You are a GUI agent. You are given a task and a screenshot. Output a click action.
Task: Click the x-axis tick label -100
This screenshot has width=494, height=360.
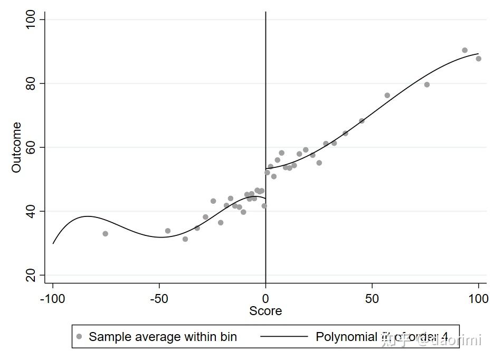coord(52,299)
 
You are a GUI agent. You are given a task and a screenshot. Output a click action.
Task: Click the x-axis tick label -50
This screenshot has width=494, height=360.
coord(159,299)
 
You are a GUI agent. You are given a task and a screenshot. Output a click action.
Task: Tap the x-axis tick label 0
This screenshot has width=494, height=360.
coord(265,299)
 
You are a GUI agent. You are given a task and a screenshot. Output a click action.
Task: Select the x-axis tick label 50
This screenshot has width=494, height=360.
coord(372,299)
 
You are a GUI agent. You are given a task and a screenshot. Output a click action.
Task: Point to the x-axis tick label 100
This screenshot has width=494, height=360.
coord(478,299)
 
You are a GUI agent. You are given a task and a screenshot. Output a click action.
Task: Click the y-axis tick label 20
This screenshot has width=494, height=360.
coord(32,275)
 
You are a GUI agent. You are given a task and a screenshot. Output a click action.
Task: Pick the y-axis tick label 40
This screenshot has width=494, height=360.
coord(32,211)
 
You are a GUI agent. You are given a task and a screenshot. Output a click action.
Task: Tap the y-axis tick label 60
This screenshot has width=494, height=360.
coord(32,147)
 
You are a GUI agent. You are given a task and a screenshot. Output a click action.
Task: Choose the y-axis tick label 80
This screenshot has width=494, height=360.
coord(32,83)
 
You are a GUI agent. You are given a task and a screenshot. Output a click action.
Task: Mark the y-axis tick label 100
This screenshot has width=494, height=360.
coord(32,20)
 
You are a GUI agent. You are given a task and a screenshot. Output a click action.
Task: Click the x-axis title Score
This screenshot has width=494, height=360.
coord(265,311)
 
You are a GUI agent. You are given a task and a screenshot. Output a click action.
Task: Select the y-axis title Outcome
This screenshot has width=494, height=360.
coord(17,147)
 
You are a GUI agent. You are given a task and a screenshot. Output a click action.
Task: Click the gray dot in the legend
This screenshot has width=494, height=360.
coord(80,337)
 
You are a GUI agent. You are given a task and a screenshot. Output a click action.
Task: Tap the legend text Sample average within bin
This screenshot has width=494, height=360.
coord(163,337)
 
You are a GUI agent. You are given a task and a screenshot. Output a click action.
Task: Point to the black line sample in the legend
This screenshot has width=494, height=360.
coord(284,337)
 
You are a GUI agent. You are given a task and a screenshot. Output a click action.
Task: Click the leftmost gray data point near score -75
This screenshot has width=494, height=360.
coord(105,233)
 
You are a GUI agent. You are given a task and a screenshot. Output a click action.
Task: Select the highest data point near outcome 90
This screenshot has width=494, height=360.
coord(464,50)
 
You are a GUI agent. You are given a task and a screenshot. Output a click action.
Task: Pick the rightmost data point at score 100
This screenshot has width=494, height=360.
coord(478,59)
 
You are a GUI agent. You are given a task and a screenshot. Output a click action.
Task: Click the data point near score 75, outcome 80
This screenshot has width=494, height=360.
coord(426,84)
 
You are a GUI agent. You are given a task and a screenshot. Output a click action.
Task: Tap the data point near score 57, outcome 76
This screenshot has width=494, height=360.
coord(387,96)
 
